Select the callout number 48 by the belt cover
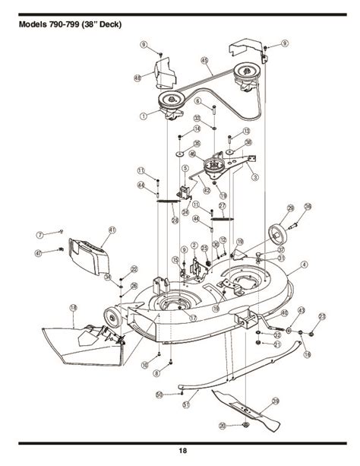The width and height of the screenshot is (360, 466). pos(137,78)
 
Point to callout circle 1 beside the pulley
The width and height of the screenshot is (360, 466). pos(142,116)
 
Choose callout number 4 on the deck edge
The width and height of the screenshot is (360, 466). pos(303,265)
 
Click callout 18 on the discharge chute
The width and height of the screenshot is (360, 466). pos(73,308)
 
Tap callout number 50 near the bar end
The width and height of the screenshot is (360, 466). pos(159,394)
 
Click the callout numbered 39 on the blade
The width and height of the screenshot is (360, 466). pos(275,401)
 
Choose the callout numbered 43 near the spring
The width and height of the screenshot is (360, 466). pos(301,310)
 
